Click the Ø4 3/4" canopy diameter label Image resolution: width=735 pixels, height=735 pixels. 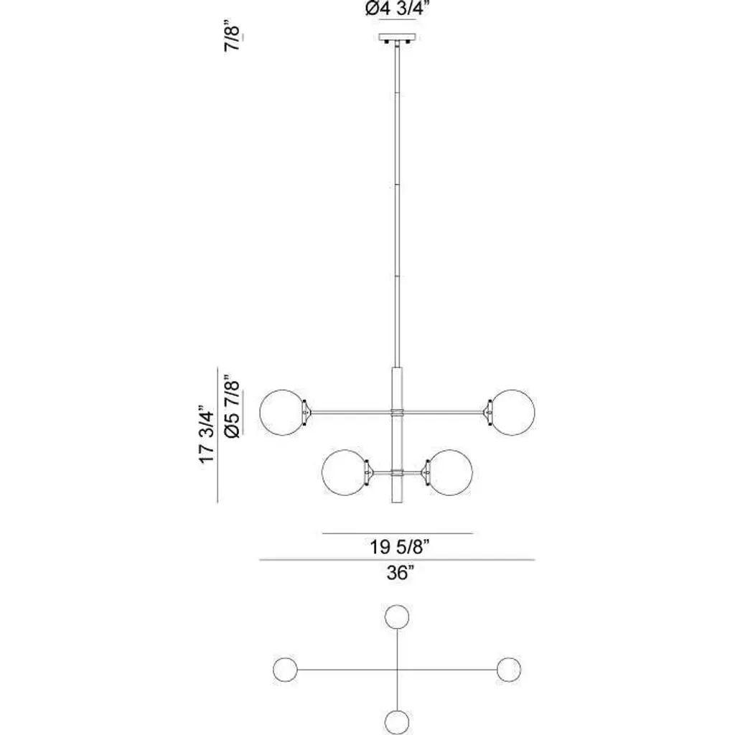tap(398, 9)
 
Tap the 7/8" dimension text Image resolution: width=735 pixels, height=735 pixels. tap(233, 36)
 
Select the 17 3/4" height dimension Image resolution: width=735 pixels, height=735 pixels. tap(207, 434)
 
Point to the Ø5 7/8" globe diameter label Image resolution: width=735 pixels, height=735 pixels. tap(233, 406)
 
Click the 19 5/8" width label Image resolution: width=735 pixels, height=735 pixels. tap(400, 546)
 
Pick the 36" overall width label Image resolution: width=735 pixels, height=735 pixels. tap(401, 573)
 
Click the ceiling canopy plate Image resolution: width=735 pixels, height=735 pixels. tap(398, 37)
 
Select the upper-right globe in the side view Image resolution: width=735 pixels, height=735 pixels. tap(512, 413)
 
